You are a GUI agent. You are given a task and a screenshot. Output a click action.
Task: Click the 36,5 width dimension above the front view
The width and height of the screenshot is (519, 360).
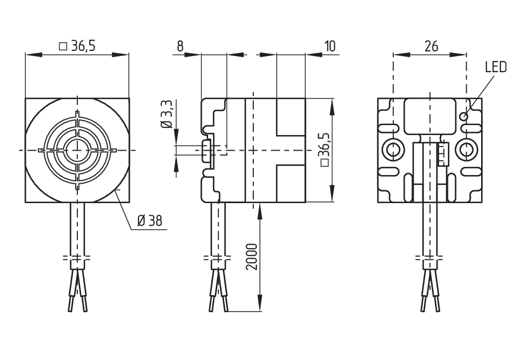point(77,46)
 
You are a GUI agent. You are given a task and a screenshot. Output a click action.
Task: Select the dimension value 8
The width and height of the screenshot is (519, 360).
point(180,46)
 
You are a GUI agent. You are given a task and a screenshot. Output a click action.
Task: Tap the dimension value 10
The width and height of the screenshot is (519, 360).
point(330,46)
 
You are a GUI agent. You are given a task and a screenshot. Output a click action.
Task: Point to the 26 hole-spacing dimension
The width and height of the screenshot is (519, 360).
point(431,46)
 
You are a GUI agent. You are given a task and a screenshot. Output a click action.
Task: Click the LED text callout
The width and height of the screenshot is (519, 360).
point(495,68)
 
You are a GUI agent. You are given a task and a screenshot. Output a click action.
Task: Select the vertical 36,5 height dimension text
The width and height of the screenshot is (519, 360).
point(325,149)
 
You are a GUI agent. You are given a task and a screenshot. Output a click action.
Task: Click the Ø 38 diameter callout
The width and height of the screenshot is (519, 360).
point(149,221)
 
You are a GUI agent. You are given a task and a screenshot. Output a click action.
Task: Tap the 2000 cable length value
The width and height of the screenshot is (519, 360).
point(251,256)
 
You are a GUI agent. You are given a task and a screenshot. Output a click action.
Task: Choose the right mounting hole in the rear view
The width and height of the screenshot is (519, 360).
point(464,150)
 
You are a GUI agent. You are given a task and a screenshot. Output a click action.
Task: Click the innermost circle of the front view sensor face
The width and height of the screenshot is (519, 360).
point(77,150)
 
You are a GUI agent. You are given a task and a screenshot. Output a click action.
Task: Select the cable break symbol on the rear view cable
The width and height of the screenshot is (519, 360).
point(430,258)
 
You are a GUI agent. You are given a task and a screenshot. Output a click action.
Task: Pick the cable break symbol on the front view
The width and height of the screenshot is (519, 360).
point(77,258)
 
